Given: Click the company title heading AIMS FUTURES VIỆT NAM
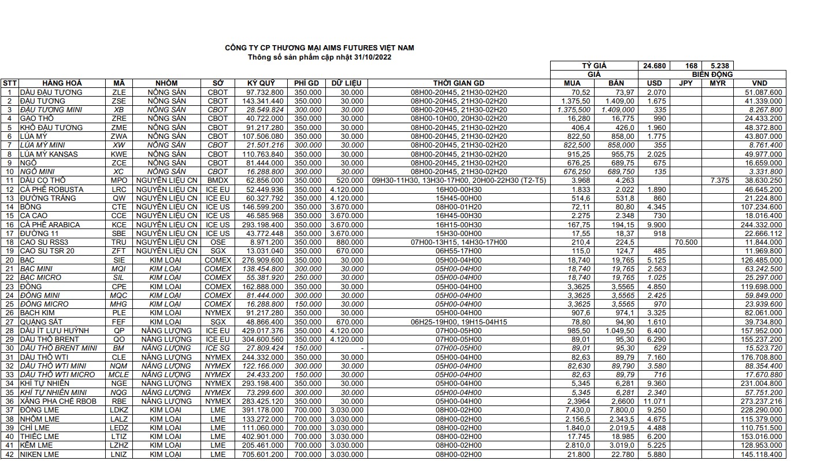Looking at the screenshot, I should point(319,48).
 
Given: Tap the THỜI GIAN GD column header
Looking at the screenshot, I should point(459,83).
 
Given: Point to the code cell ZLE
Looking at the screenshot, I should point(119,92).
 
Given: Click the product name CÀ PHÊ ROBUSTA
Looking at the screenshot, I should point(51,189).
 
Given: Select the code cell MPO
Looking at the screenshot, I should point(119,180).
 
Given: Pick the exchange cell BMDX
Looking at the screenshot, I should point(218,180).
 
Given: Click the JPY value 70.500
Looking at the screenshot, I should point(686,242).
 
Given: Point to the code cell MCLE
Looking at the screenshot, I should point(119,375).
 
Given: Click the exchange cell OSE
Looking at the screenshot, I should point(218,242).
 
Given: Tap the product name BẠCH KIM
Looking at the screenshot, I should point(38,313).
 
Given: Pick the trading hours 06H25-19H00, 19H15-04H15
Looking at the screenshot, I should point(459,322).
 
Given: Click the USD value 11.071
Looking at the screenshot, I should point(654,401).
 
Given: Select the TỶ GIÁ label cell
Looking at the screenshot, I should point(594,66).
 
